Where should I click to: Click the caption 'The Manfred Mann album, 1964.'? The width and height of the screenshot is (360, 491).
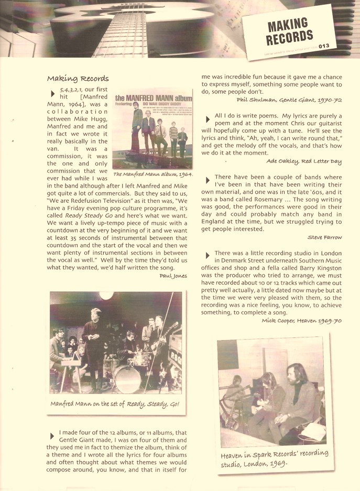152,174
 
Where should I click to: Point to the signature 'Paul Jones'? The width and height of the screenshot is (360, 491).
173,276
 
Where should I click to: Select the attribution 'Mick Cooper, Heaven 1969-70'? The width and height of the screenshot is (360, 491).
302,320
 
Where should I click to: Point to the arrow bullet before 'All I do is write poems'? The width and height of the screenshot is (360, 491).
208,119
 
